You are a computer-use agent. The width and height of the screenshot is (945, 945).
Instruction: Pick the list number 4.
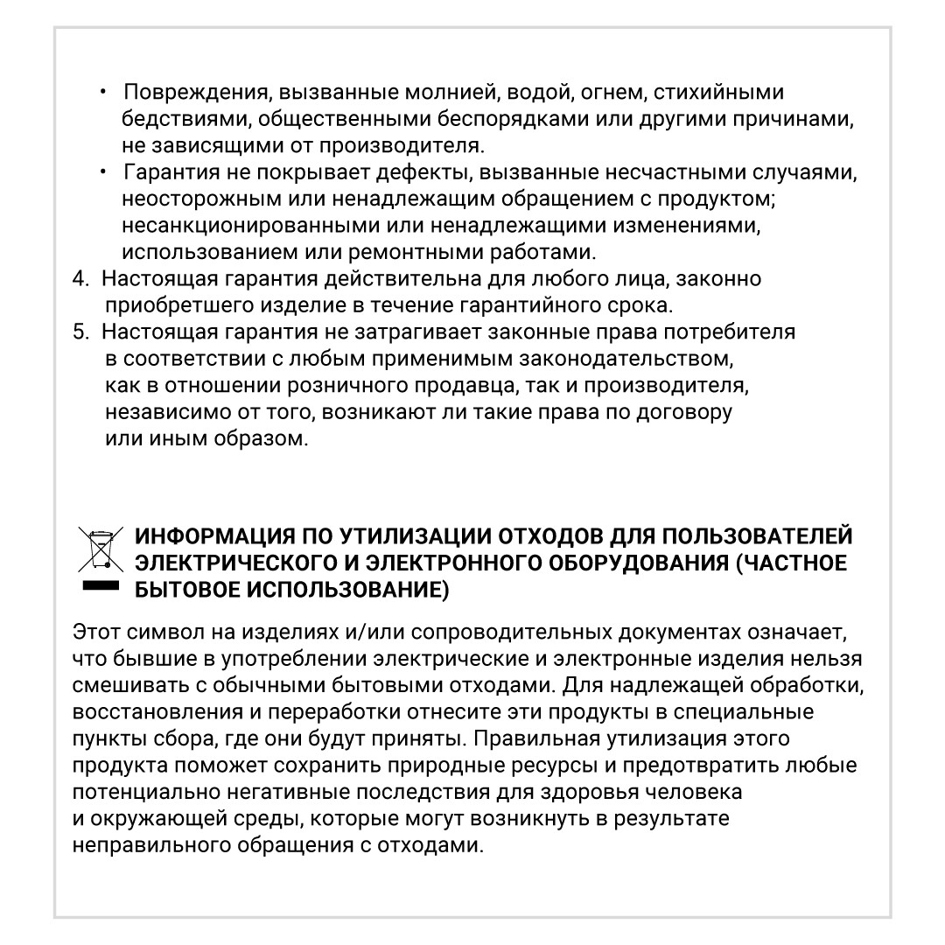tap(80, 279)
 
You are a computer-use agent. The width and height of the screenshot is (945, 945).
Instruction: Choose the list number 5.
tap(80, 332)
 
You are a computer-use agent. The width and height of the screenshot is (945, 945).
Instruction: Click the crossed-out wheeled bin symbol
tap(99, 549)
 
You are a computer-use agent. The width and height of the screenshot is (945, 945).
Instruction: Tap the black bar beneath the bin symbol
tap(99, 585)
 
